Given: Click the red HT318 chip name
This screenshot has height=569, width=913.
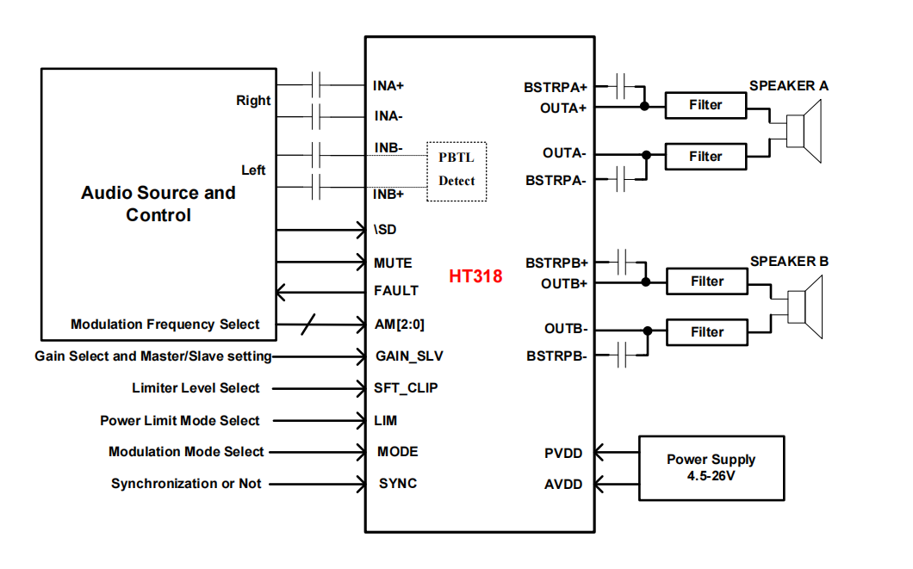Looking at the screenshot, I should tap(475, 276).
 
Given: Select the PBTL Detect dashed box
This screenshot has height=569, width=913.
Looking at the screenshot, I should tap(456, 170).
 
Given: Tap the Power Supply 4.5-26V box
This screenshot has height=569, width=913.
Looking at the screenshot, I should tap(711, 467).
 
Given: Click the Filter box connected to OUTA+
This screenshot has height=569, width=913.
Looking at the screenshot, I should tap(705, 106).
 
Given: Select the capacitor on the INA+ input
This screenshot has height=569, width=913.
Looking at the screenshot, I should tap(318, 85).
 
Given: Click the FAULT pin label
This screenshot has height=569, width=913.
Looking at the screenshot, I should tap(396, 291).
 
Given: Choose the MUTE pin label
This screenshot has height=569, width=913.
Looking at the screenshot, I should tap(393, 263).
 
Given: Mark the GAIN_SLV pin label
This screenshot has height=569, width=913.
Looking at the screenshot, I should tap(409, 356).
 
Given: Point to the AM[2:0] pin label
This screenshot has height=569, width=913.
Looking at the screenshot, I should tap(399, 325).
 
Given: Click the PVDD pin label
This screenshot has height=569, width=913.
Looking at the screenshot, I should tap(564, 453).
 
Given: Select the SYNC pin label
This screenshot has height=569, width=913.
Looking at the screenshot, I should tap(398, 484).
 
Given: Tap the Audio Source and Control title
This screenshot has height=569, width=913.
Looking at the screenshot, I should tap(158, 204).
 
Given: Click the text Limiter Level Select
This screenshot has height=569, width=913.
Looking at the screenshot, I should tap(196, 388).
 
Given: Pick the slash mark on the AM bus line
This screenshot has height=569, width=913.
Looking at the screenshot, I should tap(308, 325).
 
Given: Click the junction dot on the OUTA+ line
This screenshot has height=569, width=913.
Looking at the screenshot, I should tap(645, 107).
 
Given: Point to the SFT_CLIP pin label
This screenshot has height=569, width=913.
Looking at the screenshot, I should tap(406, 388).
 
